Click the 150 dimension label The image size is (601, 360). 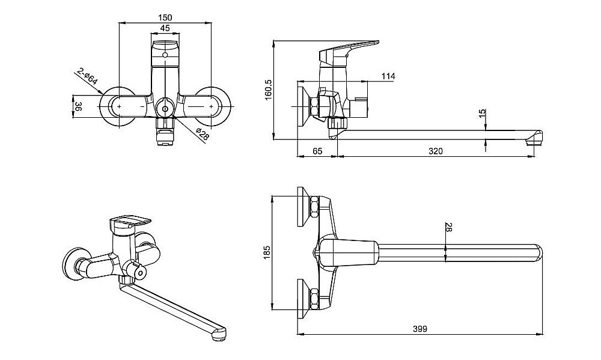(165, 17)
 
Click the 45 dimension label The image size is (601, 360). (165, 28)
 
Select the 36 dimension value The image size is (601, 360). (78, 107)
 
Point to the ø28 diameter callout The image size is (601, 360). (202, 135)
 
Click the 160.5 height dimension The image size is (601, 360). (268, 90)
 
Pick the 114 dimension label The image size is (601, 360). (388, 76)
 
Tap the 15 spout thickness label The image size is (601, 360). (482, 113)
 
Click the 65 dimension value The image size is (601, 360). (317, 151)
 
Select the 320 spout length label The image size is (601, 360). (435, 151)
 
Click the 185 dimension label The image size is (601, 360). (267, 252)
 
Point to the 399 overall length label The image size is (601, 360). (420, 329)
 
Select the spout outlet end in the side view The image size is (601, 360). (534, 139)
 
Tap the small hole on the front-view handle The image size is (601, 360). (165, 55)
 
